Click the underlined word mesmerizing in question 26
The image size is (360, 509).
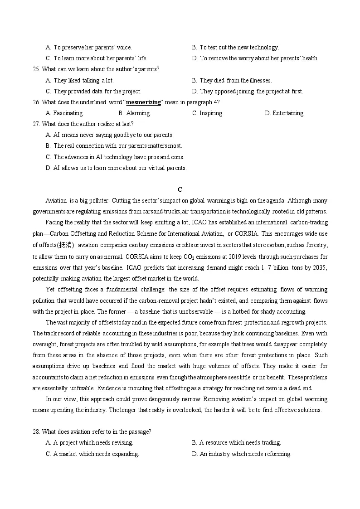pyautogui.click(x=143, y=102)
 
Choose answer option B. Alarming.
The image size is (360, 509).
pyautogui.click(x=134, y=113)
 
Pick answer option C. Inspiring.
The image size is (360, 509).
pyautogui.click(x=208, y=113)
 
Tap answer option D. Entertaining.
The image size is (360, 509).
pyautogui.click(x=284, y=113)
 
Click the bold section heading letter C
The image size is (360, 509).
pyautogui.click(x=180, y=189)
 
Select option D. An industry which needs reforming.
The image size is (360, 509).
pyautogui.click(x=242, y=454)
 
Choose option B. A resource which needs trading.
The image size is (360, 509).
pyautogui.click(x=236, y=443)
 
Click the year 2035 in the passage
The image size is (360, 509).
pyautogui.click(x=320, y=267)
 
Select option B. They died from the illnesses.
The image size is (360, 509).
pyautogui.click(x=232, y=81)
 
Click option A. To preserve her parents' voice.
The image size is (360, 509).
pyautogui.click(x=89, y=48)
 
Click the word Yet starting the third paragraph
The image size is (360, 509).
pyautogui.click(x=50, y=290)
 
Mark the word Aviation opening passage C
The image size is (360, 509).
pyautogui.click(x=57, y=201)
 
